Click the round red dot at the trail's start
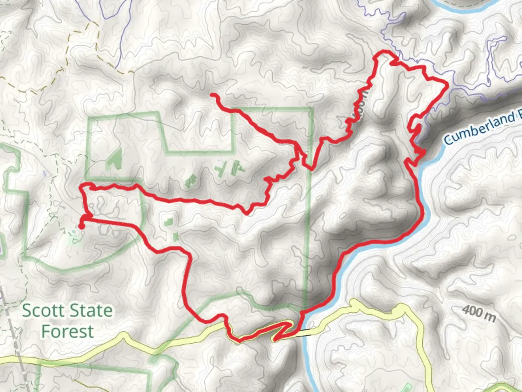(x=81, y=226)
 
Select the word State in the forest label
(x=91, y=311)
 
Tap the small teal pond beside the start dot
(x=75, y=238)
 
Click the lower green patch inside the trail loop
(x=175, y=237)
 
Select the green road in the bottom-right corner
(x=507, y=387)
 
